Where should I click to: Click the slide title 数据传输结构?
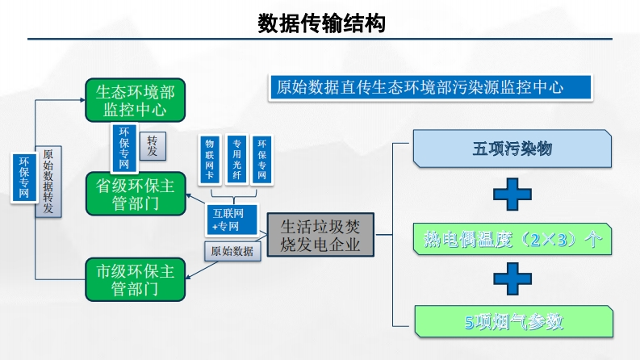[321, 23]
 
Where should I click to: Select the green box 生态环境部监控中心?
[135, 98]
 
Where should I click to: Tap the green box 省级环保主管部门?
[135, 194]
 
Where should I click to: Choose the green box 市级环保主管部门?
[135, 279]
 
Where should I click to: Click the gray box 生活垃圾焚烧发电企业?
[320, 236]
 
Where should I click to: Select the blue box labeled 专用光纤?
[236, 158]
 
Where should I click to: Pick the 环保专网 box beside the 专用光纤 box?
[261, 158]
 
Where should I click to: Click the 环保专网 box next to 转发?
[123, 148]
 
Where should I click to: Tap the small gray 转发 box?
[153, 145]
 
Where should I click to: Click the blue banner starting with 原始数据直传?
[430, 87]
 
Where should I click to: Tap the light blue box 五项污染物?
[512, 149]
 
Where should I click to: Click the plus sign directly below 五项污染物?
[512, 195]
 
